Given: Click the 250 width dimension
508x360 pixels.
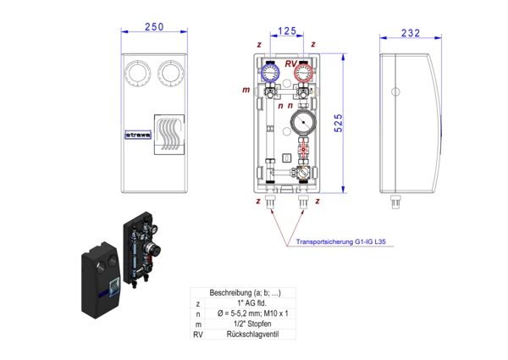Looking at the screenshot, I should coord(153,28).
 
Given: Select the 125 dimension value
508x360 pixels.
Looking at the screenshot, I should coord(287,30).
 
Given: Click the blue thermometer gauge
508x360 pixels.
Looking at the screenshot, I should coord(270,72).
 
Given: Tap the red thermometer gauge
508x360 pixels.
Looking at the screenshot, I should coord(302,72).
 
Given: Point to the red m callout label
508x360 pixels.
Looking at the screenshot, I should coord(246,89).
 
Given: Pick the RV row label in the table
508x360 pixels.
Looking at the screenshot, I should coord(198,334).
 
